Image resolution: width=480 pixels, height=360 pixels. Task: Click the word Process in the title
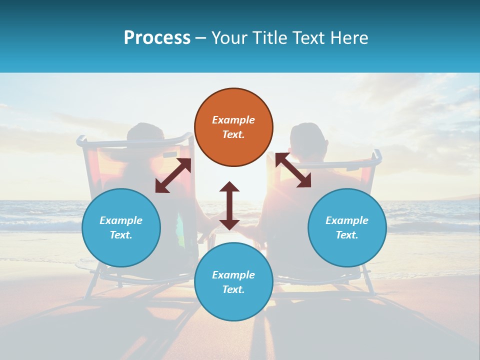pos(157,38)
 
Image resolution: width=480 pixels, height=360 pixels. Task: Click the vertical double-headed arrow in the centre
pos(229,205)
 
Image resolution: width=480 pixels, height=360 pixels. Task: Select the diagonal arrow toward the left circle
pos(173,175)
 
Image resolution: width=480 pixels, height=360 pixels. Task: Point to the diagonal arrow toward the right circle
pos(293,170)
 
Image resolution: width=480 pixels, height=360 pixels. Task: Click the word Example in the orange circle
pos(233,120)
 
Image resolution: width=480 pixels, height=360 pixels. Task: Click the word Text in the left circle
pos(121,235)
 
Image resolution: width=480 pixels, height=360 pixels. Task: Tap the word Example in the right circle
pos(347,220)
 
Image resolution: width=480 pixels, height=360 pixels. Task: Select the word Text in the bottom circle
pos(233,289)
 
